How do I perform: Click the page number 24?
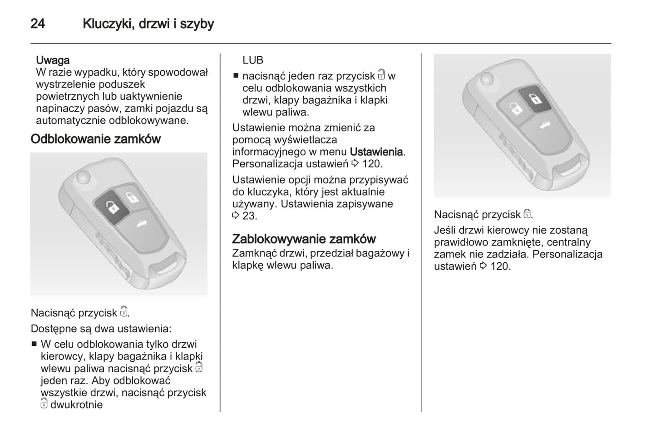coord(38,24)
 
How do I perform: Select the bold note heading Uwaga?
coord(53,60)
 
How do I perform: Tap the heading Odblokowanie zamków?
coord(95,139)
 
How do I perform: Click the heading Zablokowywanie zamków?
coord(304,239)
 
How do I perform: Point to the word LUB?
coord(253,60)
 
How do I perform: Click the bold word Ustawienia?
coord(376,152)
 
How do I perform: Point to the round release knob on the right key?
coord(487,79)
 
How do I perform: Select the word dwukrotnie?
coord(76,405)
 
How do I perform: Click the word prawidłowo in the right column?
coord(459,242)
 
